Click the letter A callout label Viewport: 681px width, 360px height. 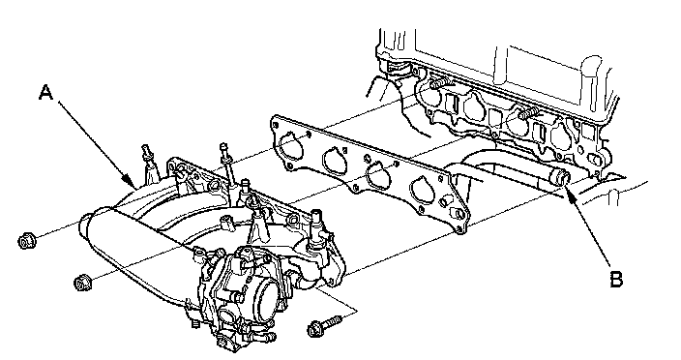click(x=46, y=93)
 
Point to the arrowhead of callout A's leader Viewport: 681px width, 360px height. click(x=129, y=182)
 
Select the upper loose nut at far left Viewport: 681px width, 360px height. click(x=27, y=241)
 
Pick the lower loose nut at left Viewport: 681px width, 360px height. click(x=81, y=283)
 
